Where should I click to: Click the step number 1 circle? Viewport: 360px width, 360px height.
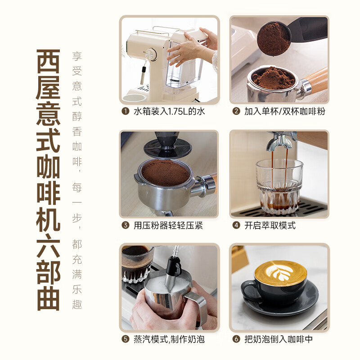point(125,111)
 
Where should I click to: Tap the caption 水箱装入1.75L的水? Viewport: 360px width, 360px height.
point(169,111)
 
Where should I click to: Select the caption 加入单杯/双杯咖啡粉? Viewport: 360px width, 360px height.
point(284,111)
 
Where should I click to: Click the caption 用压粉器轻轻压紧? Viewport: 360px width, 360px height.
point(168,225)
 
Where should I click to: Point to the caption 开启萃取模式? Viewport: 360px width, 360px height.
point(270,225)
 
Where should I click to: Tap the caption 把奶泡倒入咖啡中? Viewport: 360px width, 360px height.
point(279,339)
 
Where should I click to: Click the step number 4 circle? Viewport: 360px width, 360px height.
point(236,225)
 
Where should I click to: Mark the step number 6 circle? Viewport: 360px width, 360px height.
point(236,339)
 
